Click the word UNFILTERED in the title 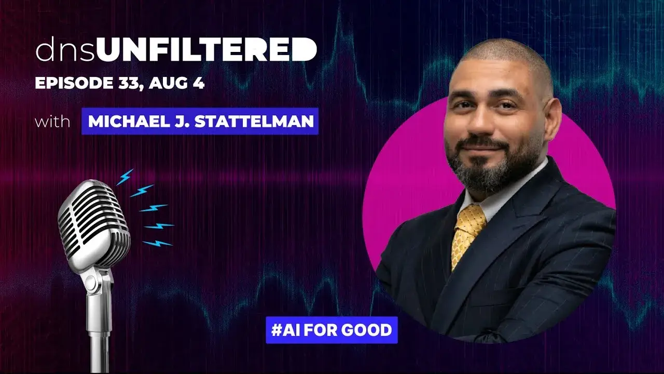tap(206, 49)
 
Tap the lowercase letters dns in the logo tap(65, 50)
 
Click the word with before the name tap(52, 122)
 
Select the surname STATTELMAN tap(254, 122)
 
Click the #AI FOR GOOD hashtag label tap(331, 330)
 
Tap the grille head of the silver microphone tap(94, 223)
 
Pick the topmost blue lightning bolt tap(125, 177)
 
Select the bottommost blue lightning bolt tap(157, 244)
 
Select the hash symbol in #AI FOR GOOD tap(276, 330)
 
